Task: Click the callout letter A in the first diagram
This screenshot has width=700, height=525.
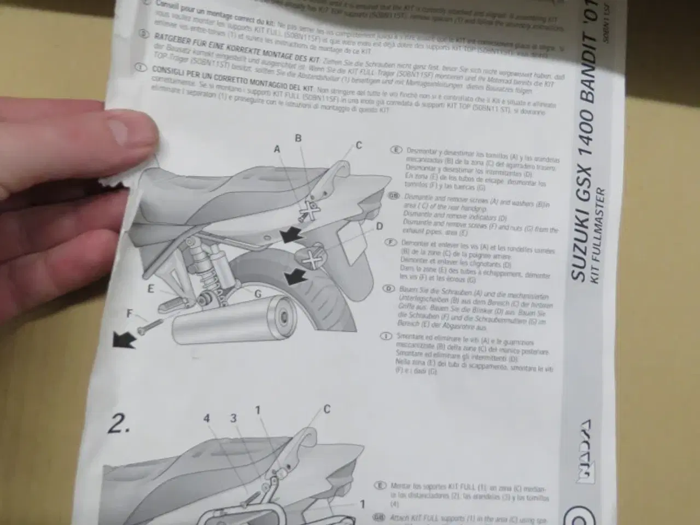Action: point(277,149)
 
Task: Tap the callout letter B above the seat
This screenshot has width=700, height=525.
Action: point(298,138)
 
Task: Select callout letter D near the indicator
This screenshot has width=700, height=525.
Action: point(379,226)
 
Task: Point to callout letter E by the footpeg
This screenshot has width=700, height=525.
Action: point(151,289)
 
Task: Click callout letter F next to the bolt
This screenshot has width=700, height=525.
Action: point(130,314)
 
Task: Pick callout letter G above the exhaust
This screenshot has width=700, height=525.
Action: point(258,294)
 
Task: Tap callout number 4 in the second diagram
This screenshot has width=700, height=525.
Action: point(207,418)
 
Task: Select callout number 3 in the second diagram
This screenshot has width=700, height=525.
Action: point(233,418)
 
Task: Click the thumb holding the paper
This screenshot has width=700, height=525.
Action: point(129,131)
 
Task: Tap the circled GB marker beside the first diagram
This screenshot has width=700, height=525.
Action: point(393,196)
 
